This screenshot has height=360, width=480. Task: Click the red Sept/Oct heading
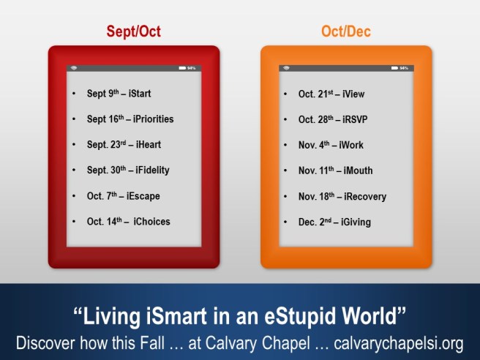[134, 31]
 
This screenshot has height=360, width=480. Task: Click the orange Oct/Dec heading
[345, 31]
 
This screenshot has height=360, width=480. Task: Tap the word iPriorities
[150, 119]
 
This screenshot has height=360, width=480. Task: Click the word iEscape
[143, 196]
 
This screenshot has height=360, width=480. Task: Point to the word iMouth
[356, 170]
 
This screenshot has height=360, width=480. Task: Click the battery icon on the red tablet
[182, 68]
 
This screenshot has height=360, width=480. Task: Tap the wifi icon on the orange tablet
[286, 68]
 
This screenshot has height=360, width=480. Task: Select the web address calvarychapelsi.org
[392, 342]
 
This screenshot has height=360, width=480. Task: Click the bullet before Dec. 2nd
[286, 222]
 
